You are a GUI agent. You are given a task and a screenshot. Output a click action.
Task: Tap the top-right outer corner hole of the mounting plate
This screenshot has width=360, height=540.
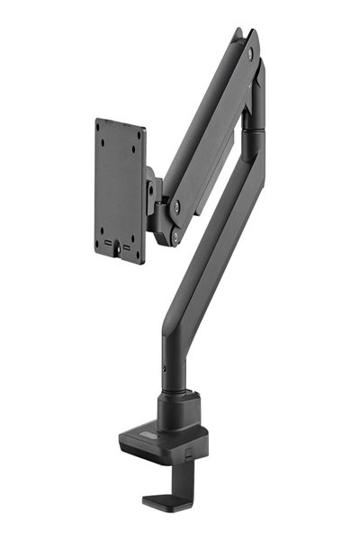[x=138, y=135]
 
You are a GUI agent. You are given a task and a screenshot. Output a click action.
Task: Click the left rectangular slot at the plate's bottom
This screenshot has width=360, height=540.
[x=110, y=243]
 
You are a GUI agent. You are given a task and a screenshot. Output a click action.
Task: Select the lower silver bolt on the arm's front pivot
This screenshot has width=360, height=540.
[x=175, y=237]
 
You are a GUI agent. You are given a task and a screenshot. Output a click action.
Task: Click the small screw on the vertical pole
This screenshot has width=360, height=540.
[x=165, y=369]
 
